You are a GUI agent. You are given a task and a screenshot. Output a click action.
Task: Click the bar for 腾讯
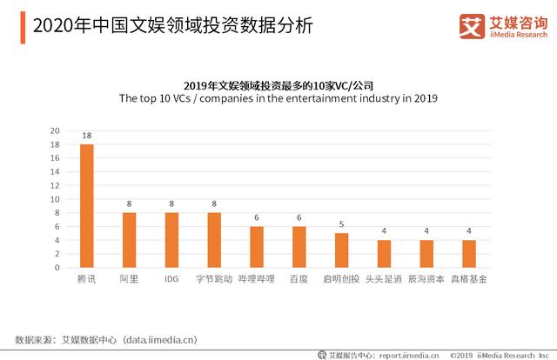click(x=87, y=206)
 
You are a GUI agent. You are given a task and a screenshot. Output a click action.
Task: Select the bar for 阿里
click(x=129, y=240)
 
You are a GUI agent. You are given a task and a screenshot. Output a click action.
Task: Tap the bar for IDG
click(x=171, y=240)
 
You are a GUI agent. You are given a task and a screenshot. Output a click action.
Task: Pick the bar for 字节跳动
click(x=214, y=240)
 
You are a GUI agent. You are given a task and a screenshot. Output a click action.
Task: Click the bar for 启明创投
click(x=341, y=250)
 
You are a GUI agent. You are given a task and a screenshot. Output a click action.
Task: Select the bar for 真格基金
click(x=469, y=254)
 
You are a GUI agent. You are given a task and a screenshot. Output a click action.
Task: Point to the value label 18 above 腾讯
click(x=87, y=137)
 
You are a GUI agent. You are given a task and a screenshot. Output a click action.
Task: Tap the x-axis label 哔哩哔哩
click(x=257, y=281)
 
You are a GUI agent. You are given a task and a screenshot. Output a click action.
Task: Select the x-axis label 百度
click(x=299, y=281)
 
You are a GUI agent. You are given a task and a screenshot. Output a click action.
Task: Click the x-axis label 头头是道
click(x=384, y=281)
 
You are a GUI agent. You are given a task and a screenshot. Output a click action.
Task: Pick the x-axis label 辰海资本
click(x=426, y=281)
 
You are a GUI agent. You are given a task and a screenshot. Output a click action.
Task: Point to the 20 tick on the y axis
click(x=55, y=131)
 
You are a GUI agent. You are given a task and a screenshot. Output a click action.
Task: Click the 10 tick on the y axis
click(x=55, y=199)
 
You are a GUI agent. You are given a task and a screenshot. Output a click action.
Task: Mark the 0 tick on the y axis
click(x=57, y=268)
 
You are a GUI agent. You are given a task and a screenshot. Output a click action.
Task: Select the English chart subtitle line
click(x=278, y=99)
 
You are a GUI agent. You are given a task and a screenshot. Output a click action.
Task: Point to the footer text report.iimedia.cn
click(x=402, y=354)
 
